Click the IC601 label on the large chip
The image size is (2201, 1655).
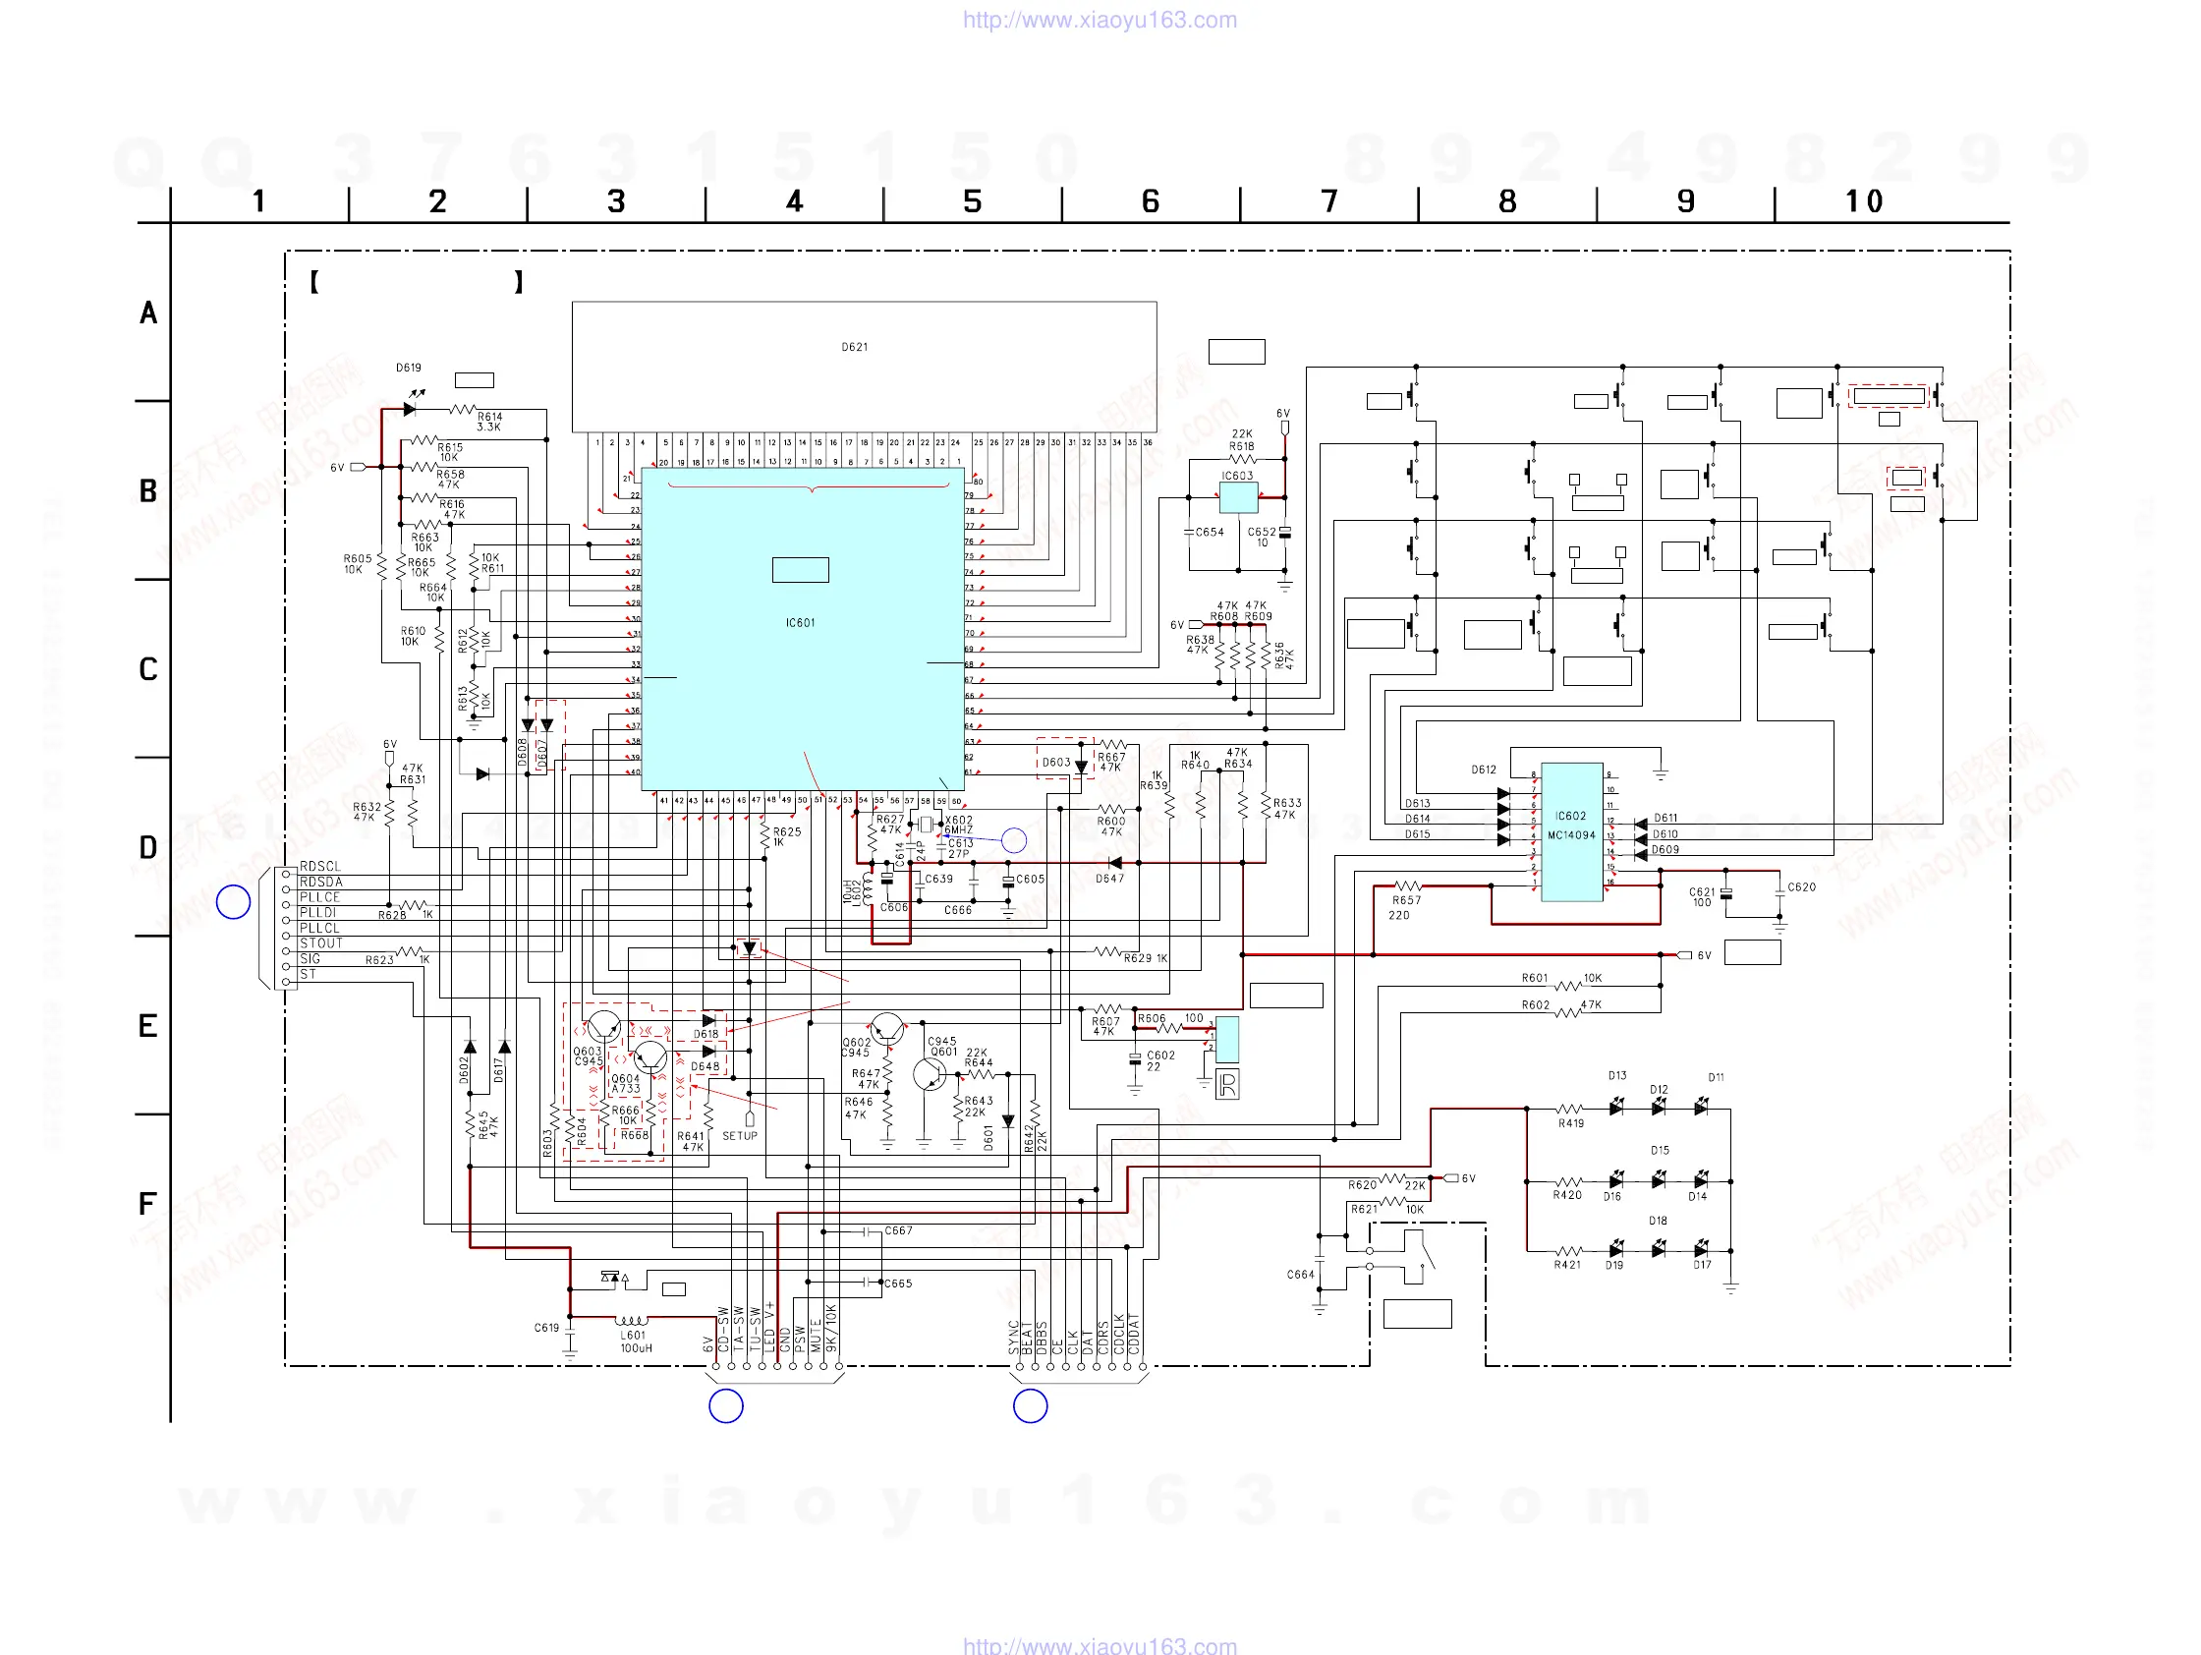tap(800, 623)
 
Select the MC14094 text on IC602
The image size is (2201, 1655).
tap(1571, 836)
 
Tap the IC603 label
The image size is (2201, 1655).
tap(1237, 476)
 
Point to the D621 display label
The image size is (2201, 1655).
tap(854, 347)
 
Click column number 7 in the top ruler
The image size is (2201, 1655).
tap(1328, 202)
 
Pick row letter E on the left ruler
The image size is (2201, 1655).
tap(148, 1026)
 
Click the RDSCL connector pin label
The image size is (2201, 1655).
tap(320, 867)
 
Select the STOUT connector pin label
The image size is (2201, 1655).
tap(321, 943)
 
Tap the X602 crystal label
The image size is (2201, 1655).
tap(958, 821)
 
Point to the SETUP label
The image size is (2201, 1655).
tap(739, 1136)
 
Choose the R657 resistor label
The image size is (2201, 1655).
tap(1406, 900)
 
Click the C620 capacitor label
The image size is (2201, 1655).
tap(1801, 886)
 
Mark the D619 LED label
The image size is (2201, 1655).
tap(408, 369)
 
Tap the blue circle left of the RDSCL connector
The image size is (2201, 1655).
tap(233, 902)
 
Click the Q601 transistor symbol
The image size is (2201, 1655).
tap(930, 1075)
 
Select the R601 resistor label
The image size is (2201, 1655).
tap(1535, 978)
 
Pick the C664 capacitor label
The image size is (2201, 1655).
tap(1300, 1275)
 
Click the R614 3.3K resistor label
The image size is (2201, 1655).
tap(488, 422)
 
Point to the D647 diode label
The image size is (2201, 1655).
tap(1109, 879)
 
